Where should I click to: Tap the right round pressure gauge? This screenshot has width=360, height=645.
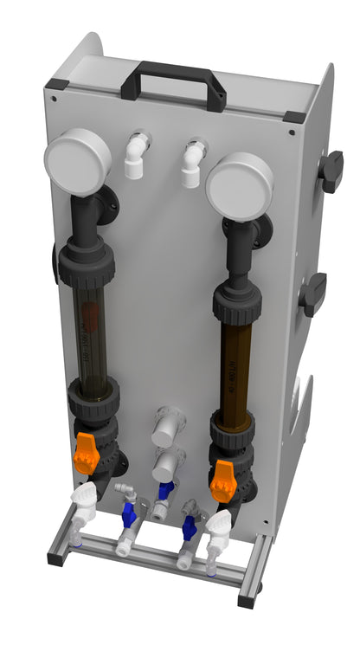coord(239,184)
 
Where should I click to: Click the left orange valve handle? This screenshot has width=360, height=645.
coord(87,451)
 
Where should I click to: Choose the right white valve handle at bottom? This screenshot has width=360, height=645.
coord(220,524)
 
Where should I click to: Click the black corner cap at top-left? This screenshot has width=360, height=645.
coord(56,84)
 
